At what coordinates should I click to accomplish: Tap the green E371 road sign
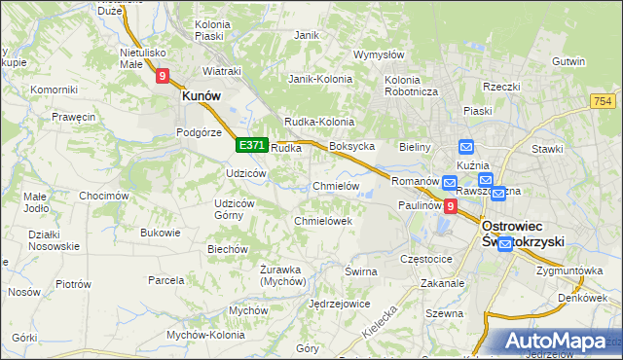coord(251,145)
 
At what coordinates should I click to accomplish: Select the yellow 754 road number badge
coord(602,101)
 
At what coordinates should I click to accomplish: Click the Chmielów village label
coord(336,186)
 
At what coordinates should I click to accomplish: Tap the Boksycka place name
coord(352,147)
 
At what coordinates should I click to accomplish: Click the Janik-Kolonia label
coord(318,79)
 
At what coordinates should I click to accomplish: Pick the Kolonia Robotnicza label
coord(413,86)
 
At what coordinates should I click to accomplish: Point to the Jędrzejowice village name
coord(339,304)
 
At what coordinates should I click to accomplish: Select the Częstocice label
coord(427,260)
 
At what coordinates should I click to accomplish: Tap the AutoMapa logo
coord(556,342)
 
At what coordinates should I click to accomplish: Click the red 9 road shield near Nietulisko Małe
coord(163,74)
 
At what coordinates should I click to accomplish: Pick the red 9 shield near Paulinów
coord(450,206)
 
